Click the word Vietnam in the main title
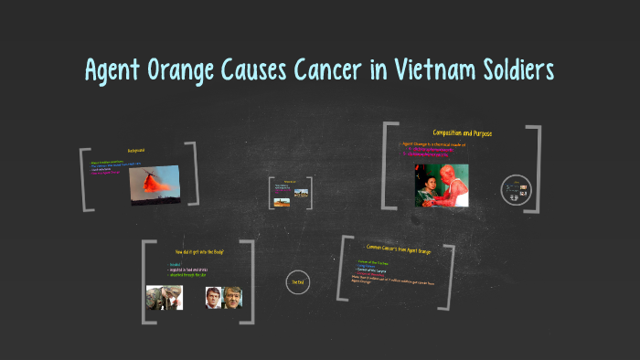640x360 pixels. (x=419, y=70)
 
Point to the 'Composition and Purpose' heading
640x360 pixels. (x=462, y=133)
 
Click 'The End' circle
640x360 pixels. (x=297, y=283)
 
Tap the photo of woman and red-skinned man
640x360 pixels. (x=442, y=185)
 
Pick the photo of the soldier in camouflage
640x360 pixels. (x=165, y=297)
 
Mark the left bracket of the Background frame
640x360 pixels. (x=84, y=179)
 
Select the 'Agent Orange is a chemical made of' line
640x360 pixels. (x=434, y=144)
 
